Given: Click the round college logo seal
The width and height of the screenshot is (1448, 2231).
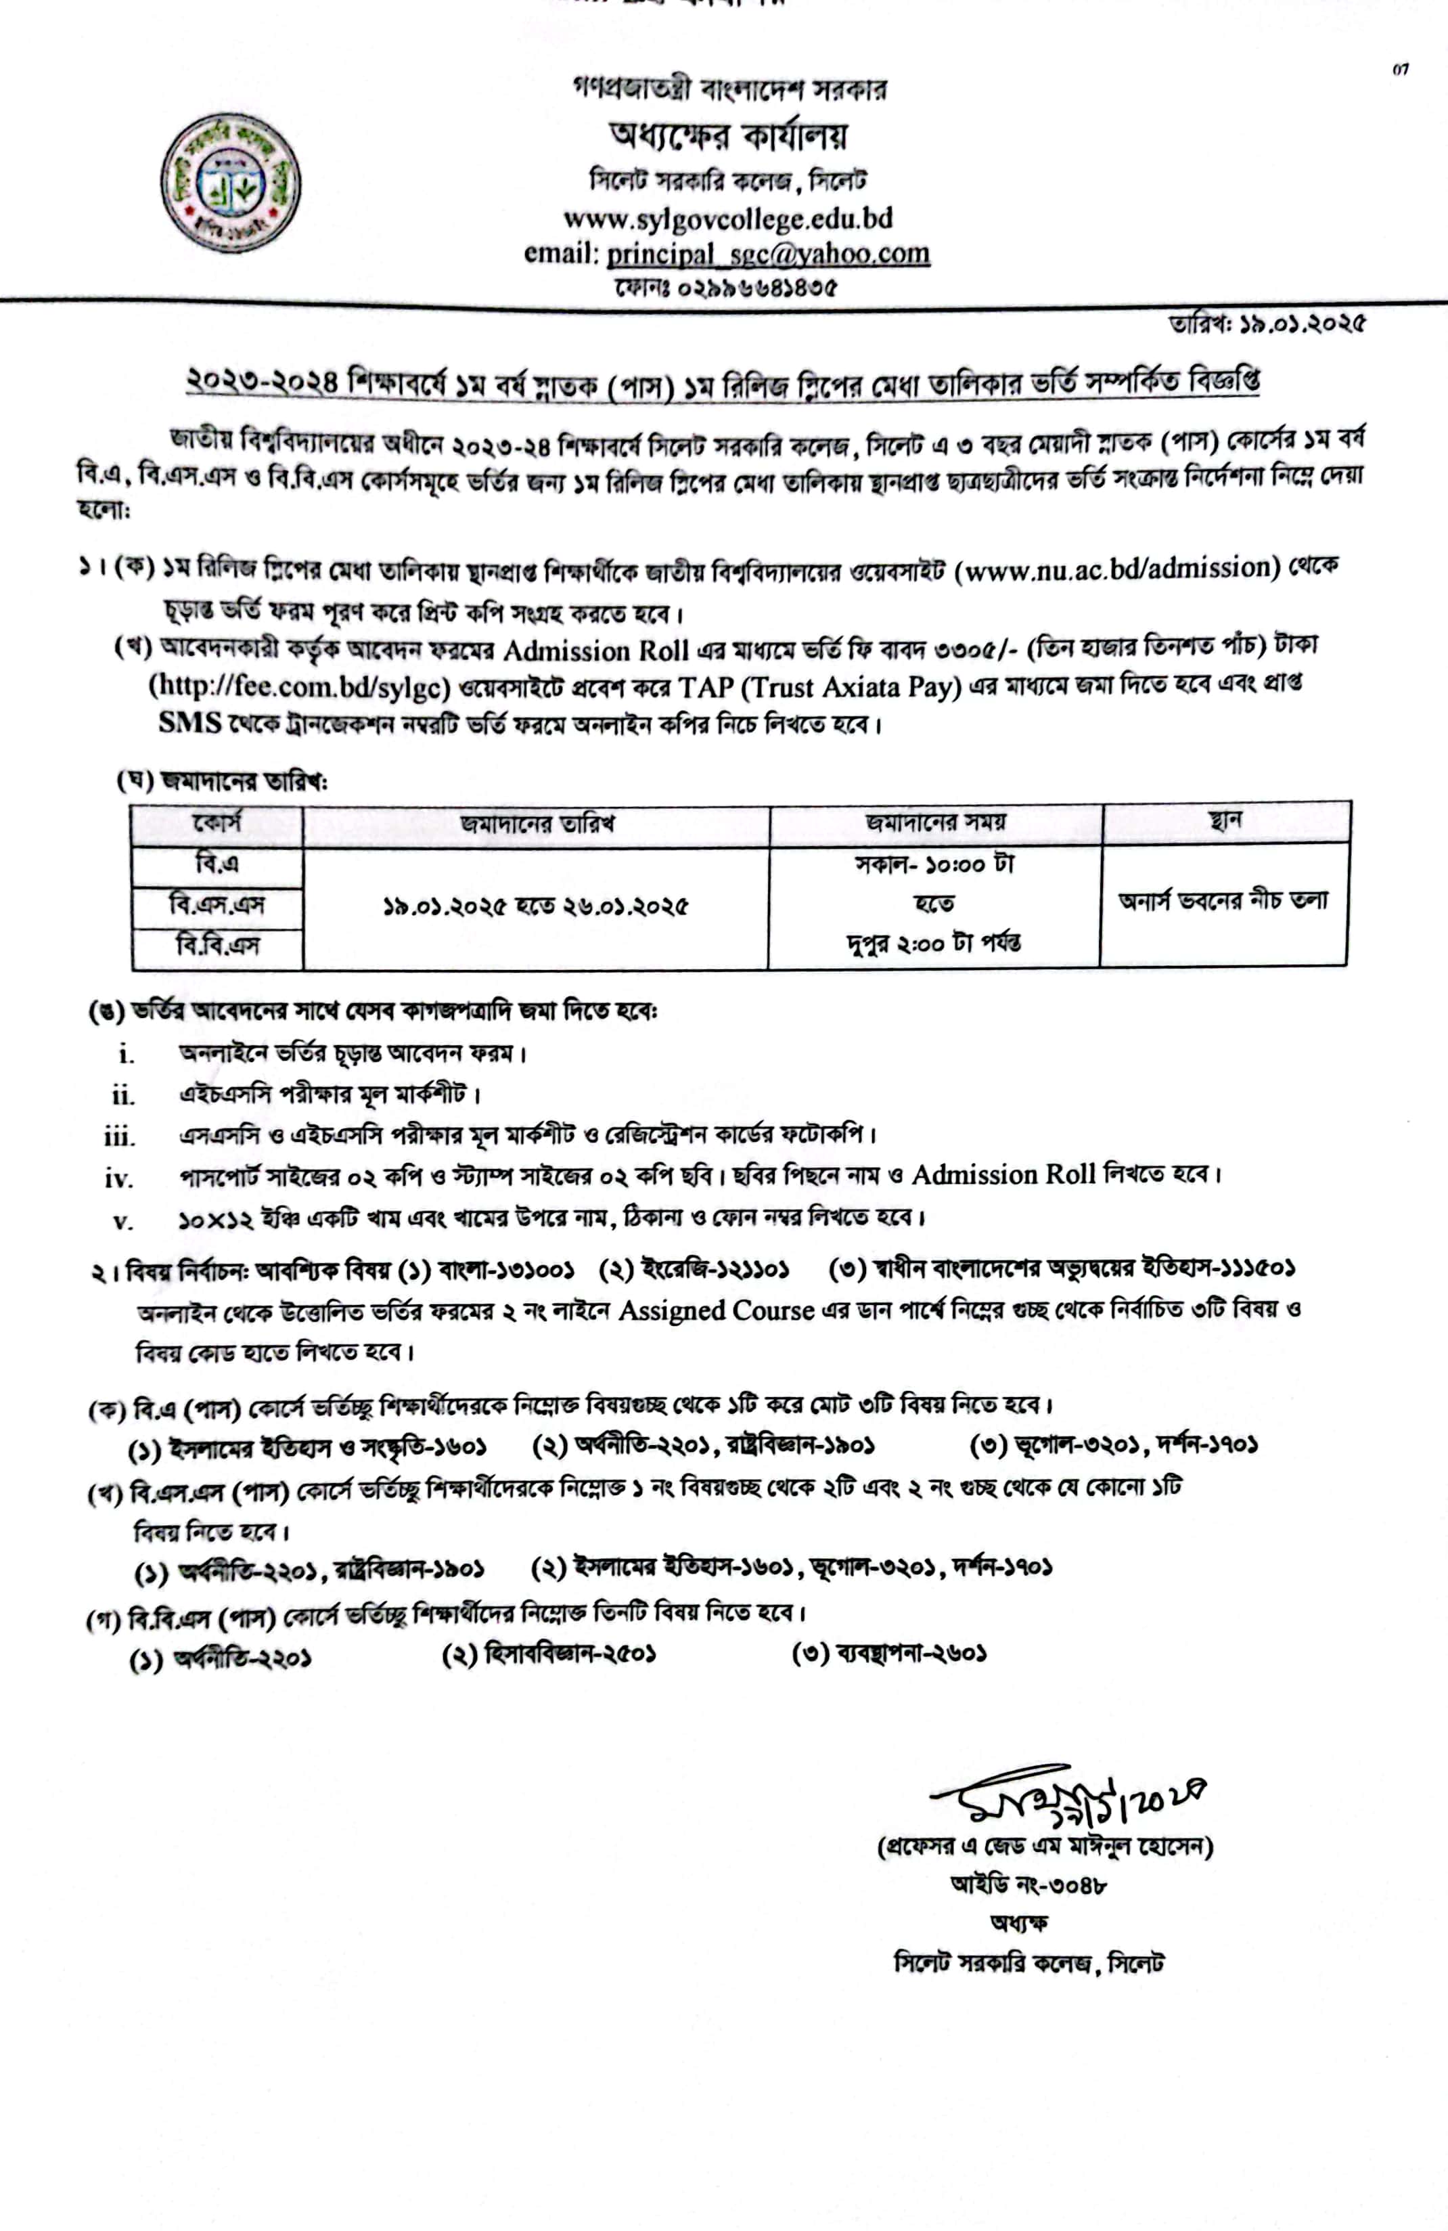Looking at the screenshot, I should [231, 183].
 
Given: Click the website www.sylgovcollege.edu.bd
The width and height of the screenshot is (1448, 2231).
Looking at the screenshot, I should [727, 219].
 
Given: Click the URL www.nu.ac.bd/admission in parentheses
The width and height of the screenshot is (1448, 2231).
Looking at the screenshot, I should [1121, 568].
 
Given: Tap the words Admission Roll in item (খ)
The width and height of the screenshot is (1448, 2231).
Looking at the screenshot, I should [596, 650].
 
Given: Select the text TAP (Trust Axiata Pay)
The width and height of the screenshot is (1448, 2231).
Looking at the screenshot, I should [820, 687].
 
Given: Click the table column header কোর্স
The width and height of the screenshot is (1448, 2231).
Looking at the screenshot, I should [217, 823].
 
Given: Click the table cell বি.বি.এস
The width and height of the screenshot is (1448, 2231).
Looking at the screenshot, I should [217, 945].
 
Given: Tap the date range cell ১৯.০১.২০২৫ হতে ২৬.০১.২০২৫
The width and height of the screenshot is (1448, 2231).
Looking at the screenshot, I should [535, 906].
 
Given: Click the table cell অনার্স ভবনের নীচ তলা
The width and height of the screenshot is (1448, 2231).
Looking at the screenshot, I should [1223, 901].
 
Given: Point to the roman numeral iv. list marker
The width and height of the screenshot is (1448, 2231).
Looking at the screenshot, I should [119, 1178].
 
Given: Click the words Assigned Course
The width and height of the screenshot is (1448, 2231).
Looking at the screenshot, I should [716, 1310].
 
